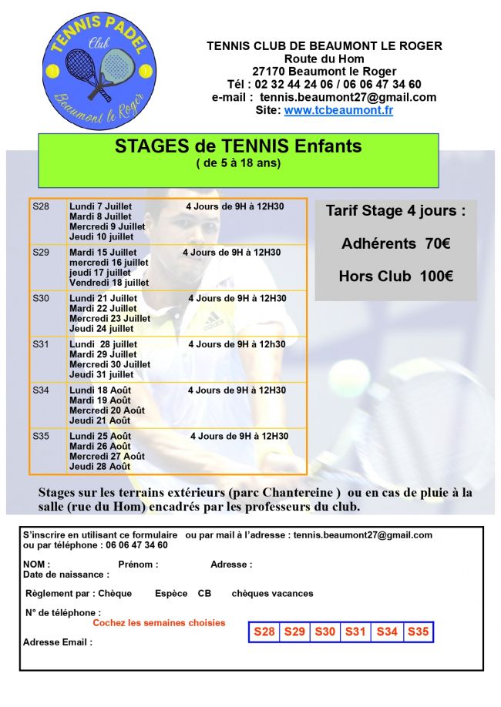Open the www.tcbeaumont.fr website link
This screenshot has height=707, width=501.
pyautogui.click(x=338, y=110)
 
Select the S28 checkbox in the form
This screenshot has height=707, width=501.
pyautogui.click(x=264, y=632)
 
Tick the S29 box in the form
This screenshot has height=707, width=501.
pyautogui.click(x=294, y=632)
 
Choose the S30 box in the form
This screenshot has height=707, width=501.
pyautogui.click(x=325, y=632)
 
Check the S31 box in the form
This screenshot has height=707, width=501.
pyautogui.click(x=355, y=632)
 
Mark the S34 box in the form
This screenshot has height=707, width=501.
pyautogui.click(x=387, y=632)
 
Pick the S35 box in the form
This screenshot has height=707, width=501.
pyautogui.click(x=418, y=632)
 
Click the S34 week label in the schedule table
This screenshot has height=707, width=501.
pyautogui.click(x=41, y=390)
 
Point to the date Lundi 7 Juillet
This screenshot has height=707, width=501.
pyautogui.click(x=101, y=206)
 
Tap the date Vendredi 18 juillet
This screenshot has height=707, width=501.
pyautogui.click(x=109, y=283)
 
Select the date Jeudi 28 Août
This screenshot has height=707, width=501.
pyautogui.click(x=100, y=466)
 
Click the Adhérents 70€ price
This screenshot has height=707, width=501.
pyautogui.click(x=395, y=244)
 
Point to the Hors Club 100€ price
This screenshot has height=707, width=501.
pyautogui.click(x=395, y=276)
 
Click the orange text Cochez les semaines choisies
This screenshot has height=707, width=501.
pyautogui.click(x=159, y=623)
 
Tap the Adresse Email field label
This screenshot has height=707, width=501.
pyautogui.click(x=58, y=642)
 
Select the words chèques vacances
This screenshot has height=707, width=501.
pyautogui.click(x=272, y=594)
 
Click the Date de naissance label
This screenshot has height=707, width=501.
pyautogui.click(x=66, y=575)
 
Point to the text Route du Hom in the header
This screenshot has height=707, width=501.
pyautogui.click(x=324, y=59)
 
